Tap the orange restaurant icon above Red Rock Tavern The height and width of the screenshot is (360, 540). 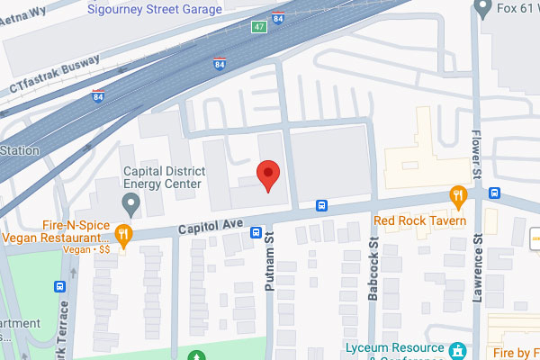(459, 195)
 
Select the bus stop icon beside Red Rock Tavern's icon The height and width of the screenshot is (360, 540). (494, 193)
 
